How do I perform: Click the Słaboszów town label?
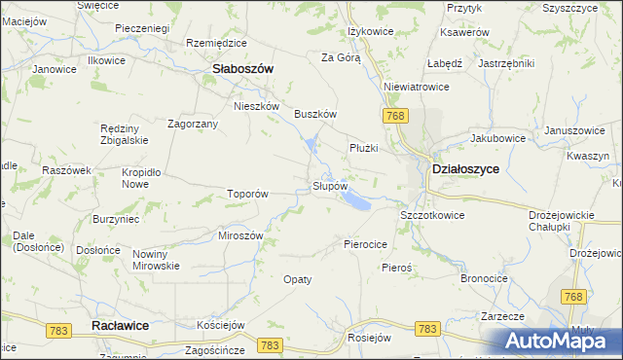pyautogui.click(x=242, y=68)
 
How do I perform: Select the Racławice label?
pyautogui.click(x=119, y=325)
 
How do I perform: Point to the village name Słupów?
pyautogui.click(x=329, y=185)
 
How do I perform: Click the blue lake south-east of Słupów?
pyautogui.click(x=355, y=201)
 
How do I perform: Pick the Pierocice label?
pyautogui.click(x=366, y=244)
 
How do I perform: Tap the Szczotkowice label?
pyautogui.click(x=432, y=214)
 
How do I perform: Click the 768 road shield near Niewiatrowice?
pyautogui.click(x=394, y=117)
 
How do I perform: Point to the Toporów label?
pyautogui.click(x=247, y=194)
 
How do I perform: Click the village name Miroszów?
pyautogui.click(x=241, y=236)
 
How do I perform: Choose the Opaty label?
pyautogui.click(x=297, y=279)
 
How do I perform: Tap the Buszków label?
pyautogui.click(x=315, y=114)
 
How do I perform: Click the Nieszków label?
pyautogui.click(x=257, y=106)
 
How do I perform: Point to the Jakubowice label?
pyautogui.click(x=497, y=138)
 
